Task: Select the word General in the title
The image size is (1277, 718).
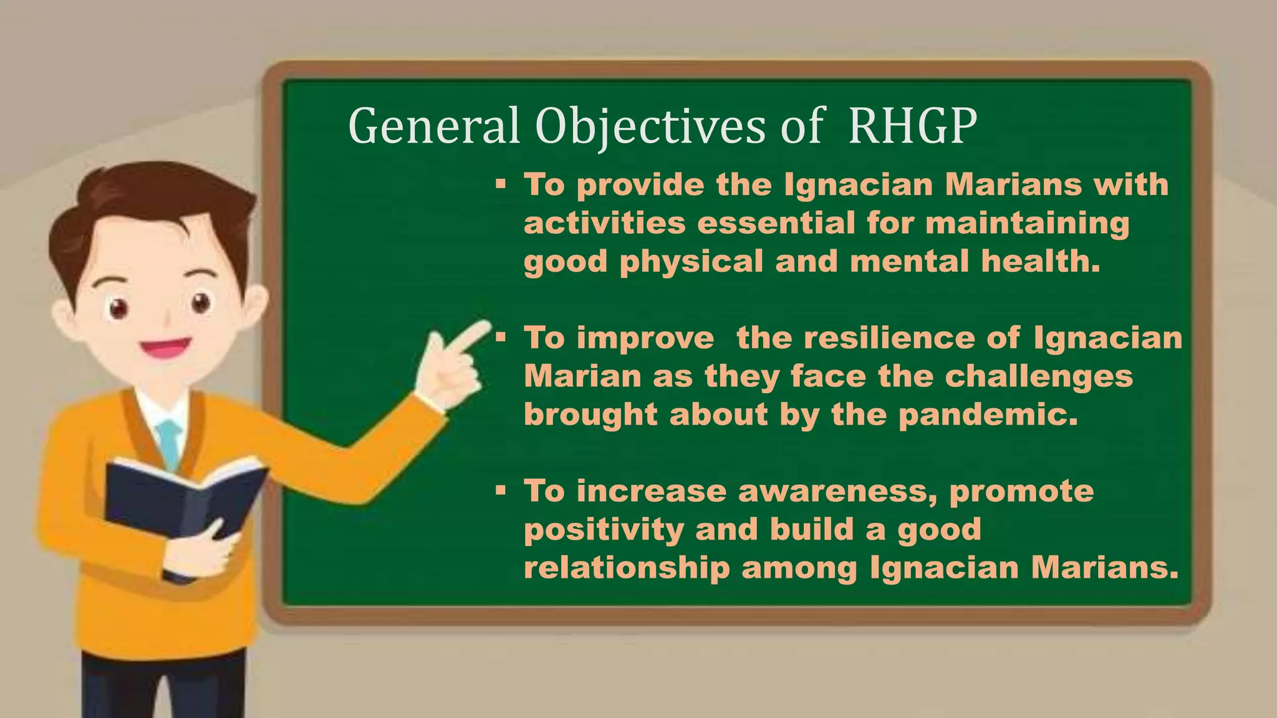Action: tap(433, 126)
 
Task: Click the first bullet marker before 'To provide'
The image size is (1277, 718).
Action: tap(500, 184)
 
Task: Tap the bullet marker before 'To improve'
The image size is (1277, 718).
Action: tap(500, 338)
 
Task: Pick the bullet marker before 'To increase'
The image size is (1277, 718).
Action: tap(500, 491)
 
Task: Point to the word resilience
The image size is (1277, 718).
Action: tap(889, 338)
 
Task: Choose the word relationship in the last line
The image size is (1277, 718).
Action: tap(626, 568)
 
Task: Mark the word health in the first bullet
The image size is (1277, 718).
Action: tap(1039, 261)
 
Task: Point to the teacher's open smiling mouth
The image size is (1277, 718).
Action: tap(165, 347)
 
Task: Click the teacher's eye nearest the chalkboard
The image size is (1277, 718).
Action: tap(201, 304)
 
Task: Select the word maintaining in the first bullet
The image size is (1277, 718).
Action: tap(1027, 223)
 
